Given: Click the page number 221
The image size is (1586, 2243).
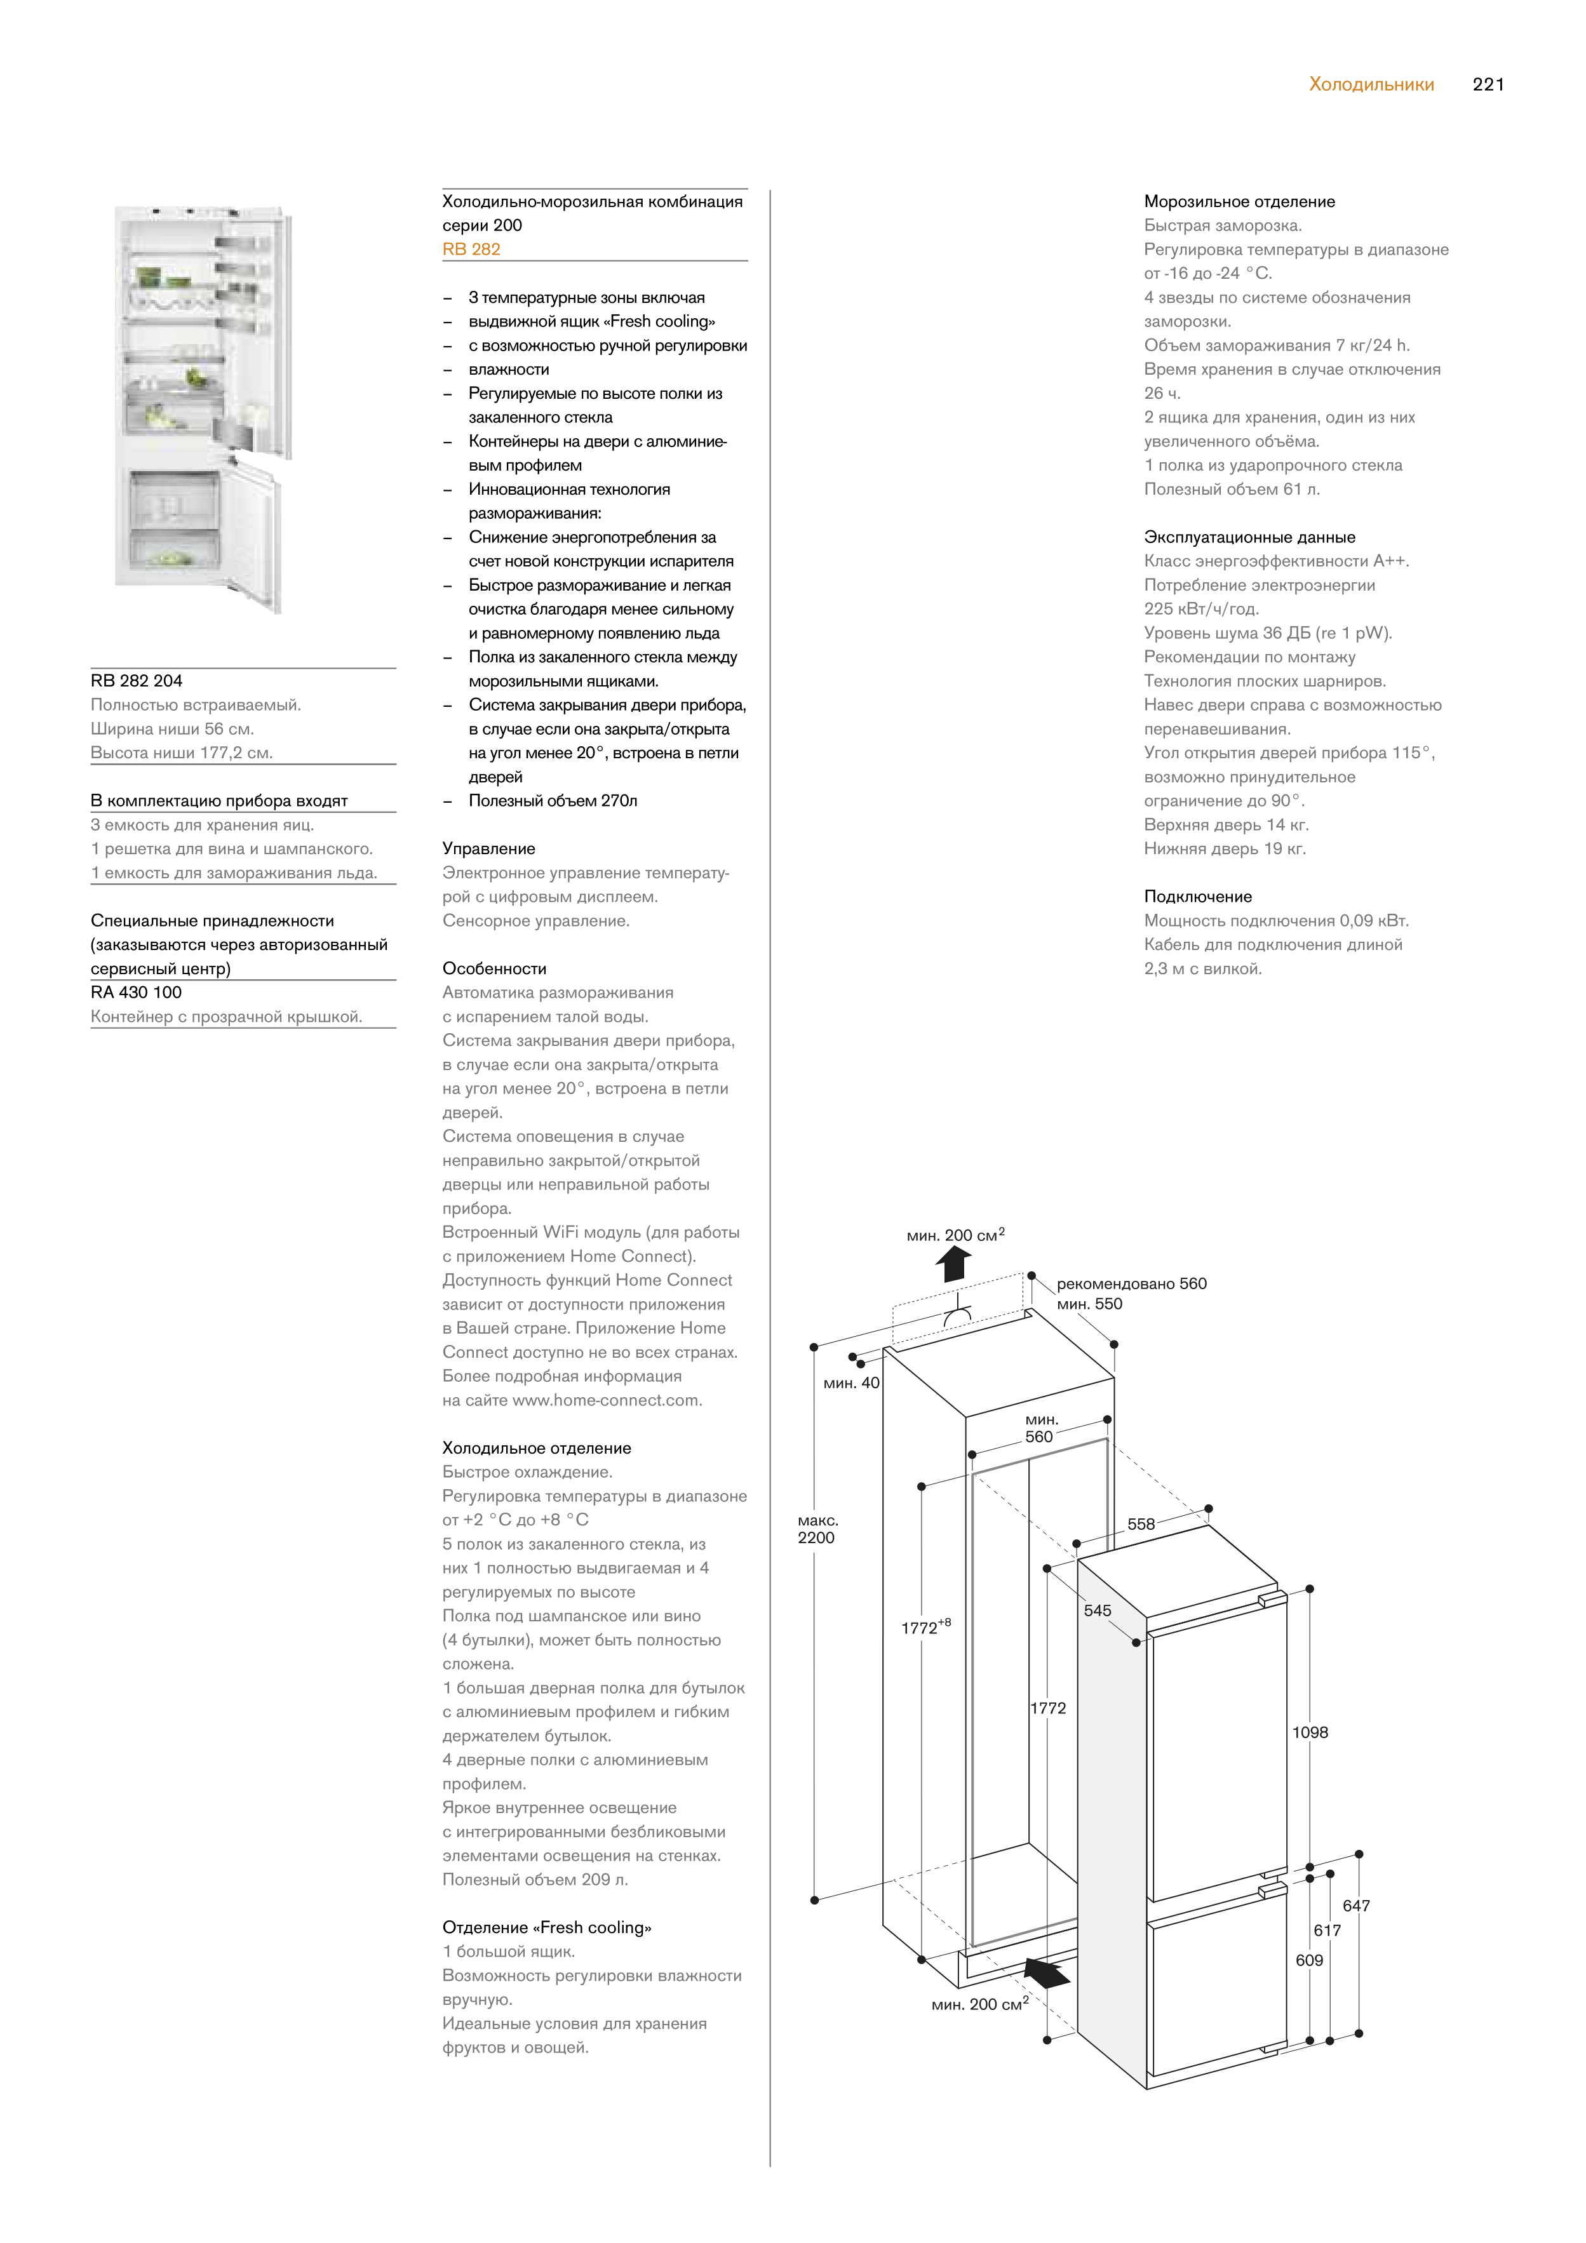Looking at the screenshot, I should (1488, 85).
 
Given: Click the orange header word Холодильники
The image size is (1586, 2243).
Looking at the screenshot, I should (1371, 85).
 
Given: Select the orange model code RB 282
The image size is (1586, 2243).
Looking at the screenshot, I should (471, 249).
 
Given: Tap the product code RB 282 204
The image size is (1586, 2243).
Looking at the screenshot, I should (137, 681).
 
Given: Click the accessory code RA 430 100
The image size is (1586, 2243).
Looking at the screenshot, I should (136, 993).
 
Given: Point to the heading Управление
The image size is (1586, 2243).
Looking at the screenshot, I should (488, 849).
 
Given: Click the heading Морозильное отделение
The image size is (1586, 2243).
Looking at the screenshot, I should (1239, 201).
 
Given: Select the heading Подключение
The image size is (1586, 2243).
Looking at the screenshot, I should (1197, 897).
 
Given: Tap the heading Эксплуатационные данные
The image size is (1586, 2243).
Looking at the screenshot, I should (1249, 537).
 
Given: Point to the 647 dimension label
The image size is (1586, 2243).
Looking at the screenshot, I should (1355, 1905).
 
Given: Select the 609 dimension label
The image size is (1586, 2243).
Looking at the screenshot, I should (1308, 1960).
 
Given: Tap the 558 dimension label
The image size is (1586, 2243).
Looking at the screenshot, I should (1140, 1524).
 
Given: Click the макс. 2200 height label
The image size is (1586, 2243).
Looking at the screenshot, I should (817, 1529).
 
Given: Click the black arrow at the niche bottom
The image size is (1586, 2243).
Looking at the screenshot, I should (1047, 1974).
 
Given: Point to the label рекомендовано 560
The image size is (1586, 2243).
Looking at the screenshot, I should (1131, 1283).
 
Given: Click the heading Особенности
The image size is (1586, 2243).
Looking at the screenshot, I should (494, 969).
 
